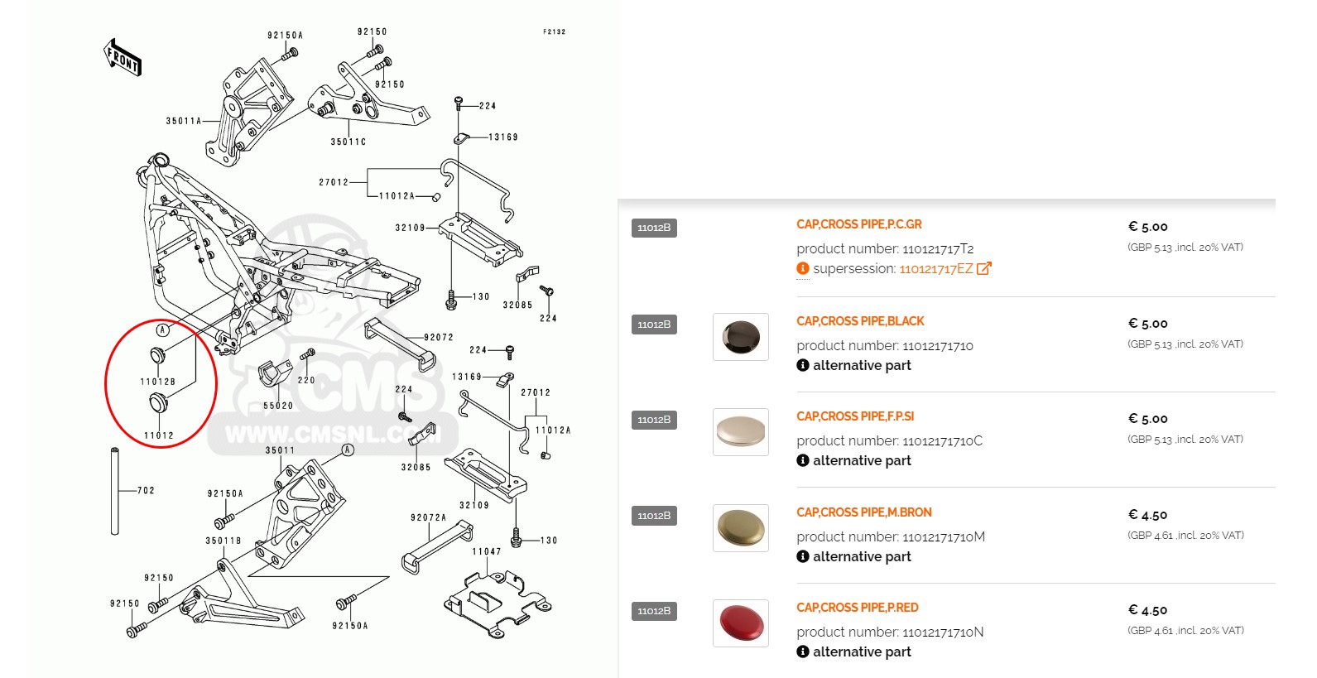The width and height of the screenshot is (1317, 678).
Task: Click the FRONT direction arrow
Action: point(123,57)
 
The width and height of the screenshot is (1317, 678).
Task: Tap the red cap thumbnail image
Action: point(741,623)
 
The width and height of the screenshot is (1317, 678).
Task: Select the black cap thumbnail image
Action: point(741,337)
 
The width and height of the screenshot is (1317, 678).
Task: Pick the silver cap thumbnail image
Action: point(741,432)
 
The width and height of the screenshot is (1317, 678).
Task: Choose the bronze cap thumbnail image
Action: point(741,528)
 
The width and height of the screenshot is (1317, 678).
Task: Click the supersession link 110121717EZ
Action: point(936,269)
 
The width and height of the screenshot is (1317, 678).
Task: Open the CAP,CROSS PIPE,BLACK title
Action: point(860,321)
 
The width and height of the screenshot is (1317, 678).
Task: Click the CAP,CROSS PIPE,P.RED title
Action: point(857,608)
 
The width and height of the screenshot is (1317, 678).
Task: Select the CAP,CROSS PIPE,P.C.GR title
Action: point(858,224)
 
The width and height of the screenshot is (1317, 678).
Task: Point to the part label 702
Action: point(146,491)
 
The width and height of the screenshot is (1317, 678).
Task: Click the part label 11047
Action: point(487,552)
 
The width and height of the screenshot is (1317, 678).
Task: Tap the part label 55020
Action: point(278,406)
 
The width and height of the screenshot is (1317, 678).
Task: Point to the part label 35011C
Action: point(348,142)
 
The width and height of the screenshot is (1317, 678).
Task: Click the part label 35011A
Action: point(184,122)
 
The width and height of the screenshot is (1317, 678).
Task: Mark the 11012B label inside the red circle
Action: point(157,382)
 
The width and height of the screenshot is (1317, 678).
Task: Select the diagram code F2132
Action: point(555,32)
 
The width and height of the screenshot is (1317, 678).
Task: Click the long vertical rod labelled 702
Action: point(115,492)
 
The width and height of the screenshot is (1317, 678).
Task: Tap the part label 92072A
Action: point(428,518)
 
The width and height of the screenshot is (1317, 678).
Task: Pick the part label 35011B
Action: point(224,541)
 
